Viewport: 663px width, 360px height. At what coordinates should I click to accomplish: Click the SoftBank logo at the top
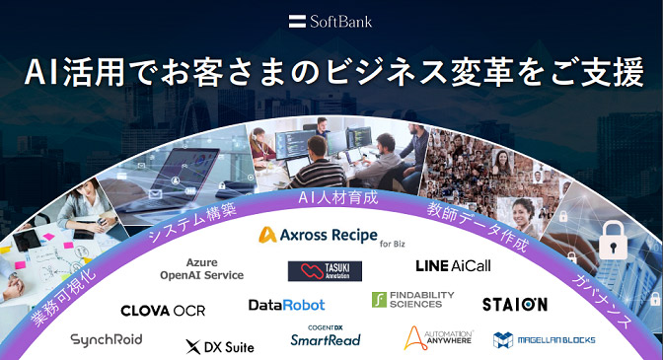point(331,20)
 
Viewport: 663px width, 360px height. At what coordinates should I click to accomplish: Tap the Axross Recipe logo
point(332,235)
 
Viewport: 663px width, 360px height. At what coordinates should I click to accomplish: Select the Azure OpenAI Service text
point(201,268)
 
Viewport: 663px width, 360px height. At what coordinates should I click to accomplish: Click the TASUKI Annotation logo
point(318,270)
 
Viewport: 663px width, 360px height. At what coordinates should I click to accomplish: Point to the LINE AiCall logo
point(453,265)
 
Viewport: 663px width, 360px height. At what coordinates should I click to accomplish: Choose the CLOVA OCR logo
point(163,310)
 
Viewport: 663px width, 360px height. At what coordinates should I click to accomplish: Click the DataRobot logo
point(286,305)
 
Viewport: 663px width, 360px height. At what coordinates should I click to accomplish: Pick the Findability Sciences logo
point(413,300)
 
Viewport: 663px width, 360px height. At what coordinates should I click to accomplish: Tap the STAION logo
point(514,304)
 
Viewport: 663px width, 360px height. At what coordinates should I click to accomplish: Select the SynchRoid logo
point(107,339)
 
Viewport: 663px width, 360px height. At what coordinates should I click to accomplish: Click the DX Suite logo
point(219,346)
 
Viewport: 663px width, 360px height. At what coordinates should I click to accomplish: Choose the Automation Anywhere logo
point(439,339)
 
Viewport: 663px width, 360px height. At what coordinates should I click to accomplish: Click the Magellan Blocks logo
point(544,339)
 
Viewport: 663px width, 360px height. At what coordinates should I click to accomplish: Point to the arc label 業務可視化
point(63,295)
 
